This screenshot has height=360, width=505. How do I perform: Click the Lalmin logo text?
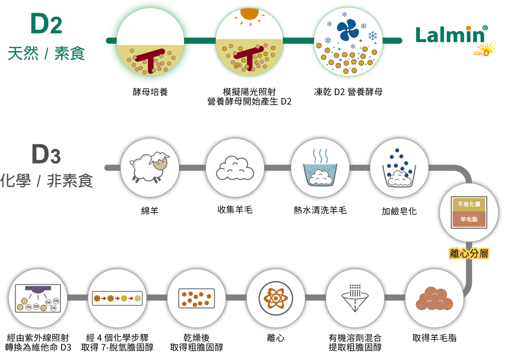(x=449, y=35)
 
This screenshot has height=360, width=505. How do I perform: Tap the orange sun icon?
(x=249, y=14)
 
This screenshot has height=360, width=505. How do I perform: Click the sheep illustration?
(x=149, y=167)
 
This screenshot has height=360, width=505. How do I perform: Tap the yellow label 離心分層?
(x=469, y=253)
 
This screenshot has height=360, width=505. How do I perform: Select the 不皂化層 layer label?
(x=469, y=204)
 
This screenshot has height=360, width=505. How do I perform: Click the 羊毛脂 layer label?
(x=469, y=219)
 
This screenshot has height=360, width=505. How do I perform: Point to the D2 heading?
(x=46, y=24)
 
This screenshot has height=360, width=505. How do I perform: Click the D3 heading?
(x=46, y=154)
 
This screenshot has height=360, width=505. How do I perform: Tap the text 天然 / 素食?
(x=46, y=54)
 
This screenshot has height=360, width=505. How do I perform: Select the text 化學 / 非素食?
(x=47, y=181)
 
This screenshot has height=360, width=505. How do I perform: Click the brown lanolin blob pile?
(x=434, y=299)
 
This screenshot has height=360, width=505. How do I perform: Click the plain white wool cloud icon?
(x=235, y=168)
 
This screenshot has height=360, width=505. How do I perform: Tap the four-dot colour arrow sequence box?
(x=117, y=298)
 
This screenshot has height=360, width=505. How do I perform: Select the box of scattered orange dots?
(x=196, y=298)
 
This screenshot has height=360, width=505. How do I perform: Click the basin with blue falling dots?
(x=399, y=168)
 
